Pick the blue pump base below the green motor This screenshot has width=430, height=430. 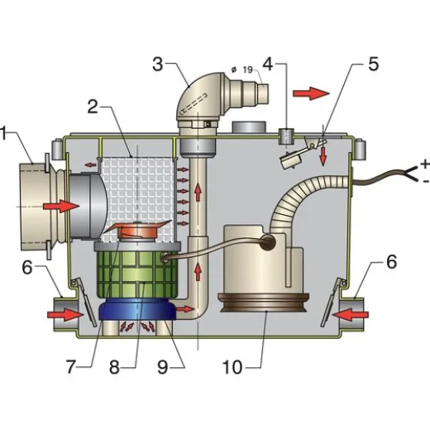pos(136,313)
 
